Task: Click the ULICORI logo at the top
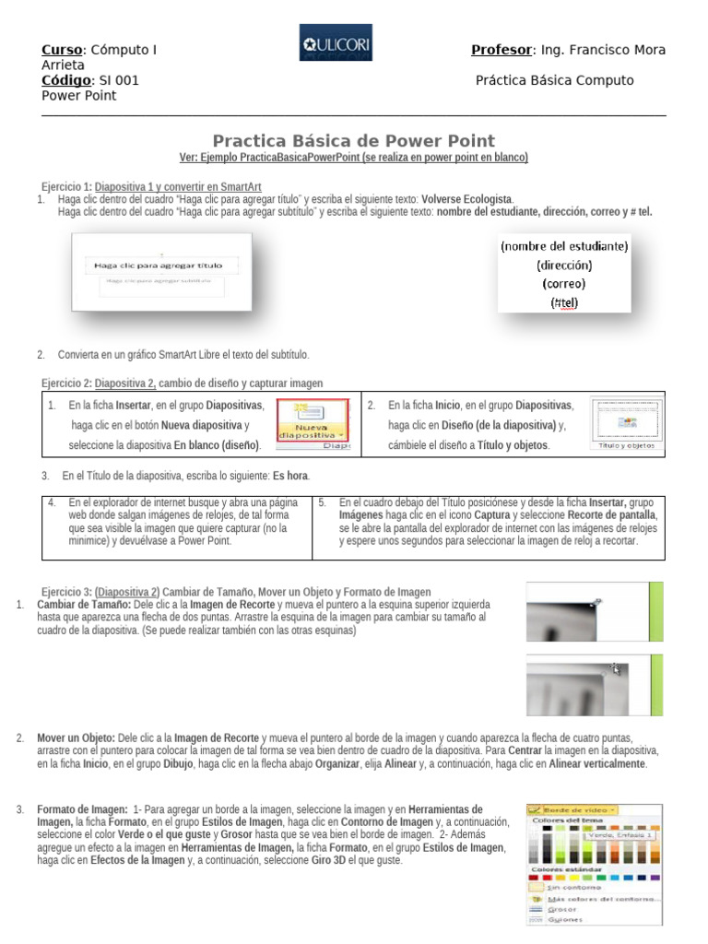coord(336,42)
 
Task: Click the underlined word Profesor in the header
coord(501,50)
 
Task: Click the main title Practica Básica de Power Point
coord(354,141)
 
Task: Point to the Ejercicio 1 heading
coord(66,186)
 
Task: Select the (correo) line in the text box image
coord(563,283)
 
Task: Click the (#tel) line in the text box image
coord(563,301)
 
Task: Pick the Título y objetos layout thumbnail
coord(622,425)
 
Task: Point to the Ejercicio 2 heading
coord(66,383)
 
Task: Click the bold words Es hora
coord(291,476)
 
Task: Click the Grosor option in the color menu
coord(561,908)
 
